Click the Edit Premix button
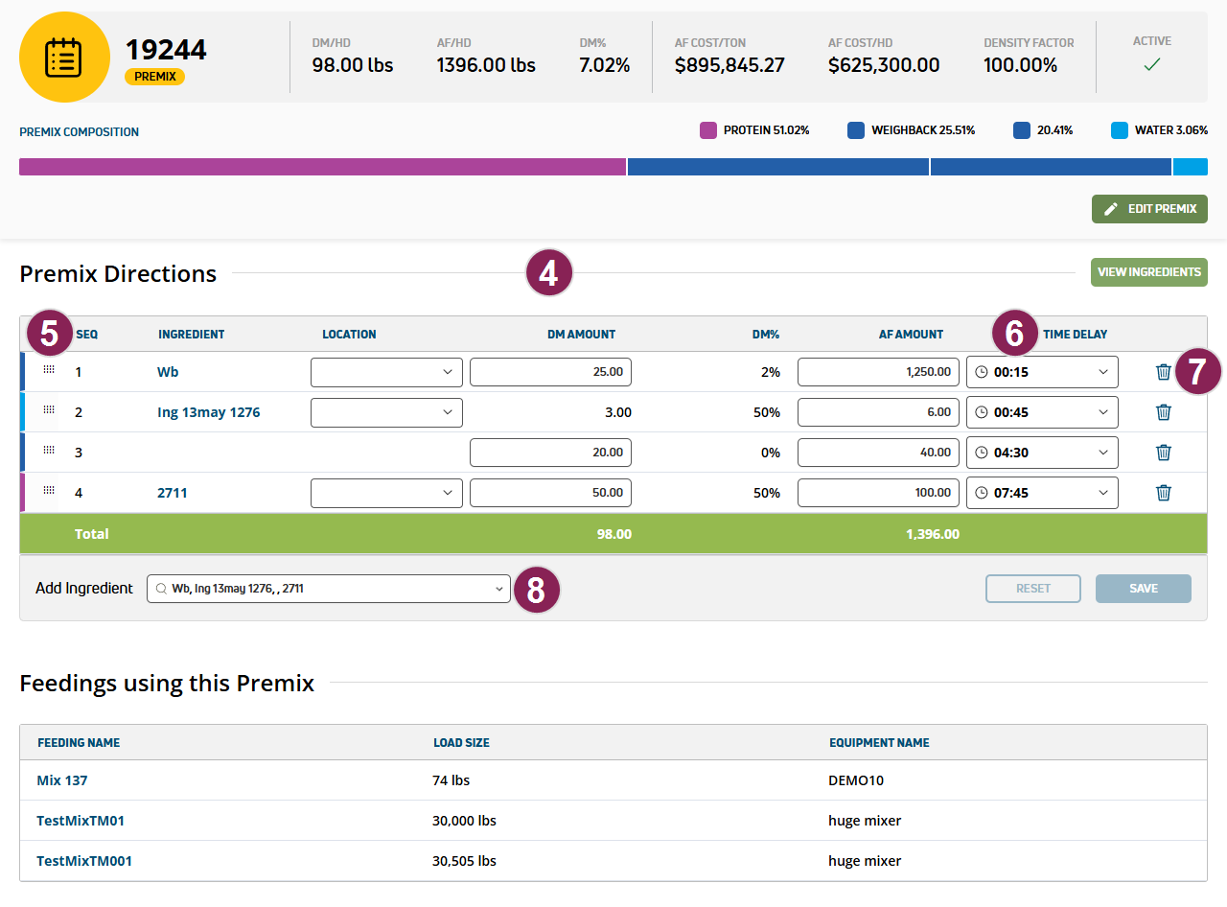point(1149,209)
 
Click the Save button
point(1143,589)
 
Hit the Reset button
point(1032,589)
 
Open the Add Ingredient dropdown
point(328,589)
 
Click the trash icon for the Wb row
point(1164,372)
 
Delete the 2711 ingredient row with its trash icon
point(1164,493)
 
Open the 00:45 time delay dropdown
point(1042,412)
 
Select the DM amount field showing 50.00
point(550,493)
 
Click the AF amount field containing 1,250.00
point(878,372)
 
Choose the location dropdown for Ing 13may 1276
point(386,412)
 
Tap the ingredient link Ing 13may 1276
point(208,412)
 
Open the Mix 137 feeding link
point(62,780)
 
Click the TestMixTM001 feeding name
point(84,861)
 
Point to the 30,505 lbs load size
point(464,861)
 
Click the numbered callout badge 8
point(537,590)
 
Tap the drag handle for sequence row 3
point(49,451)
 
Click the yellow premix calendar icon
point(64,58)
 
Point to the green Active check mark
point(1152,64)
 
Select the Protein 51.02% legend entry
point(754,130)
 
